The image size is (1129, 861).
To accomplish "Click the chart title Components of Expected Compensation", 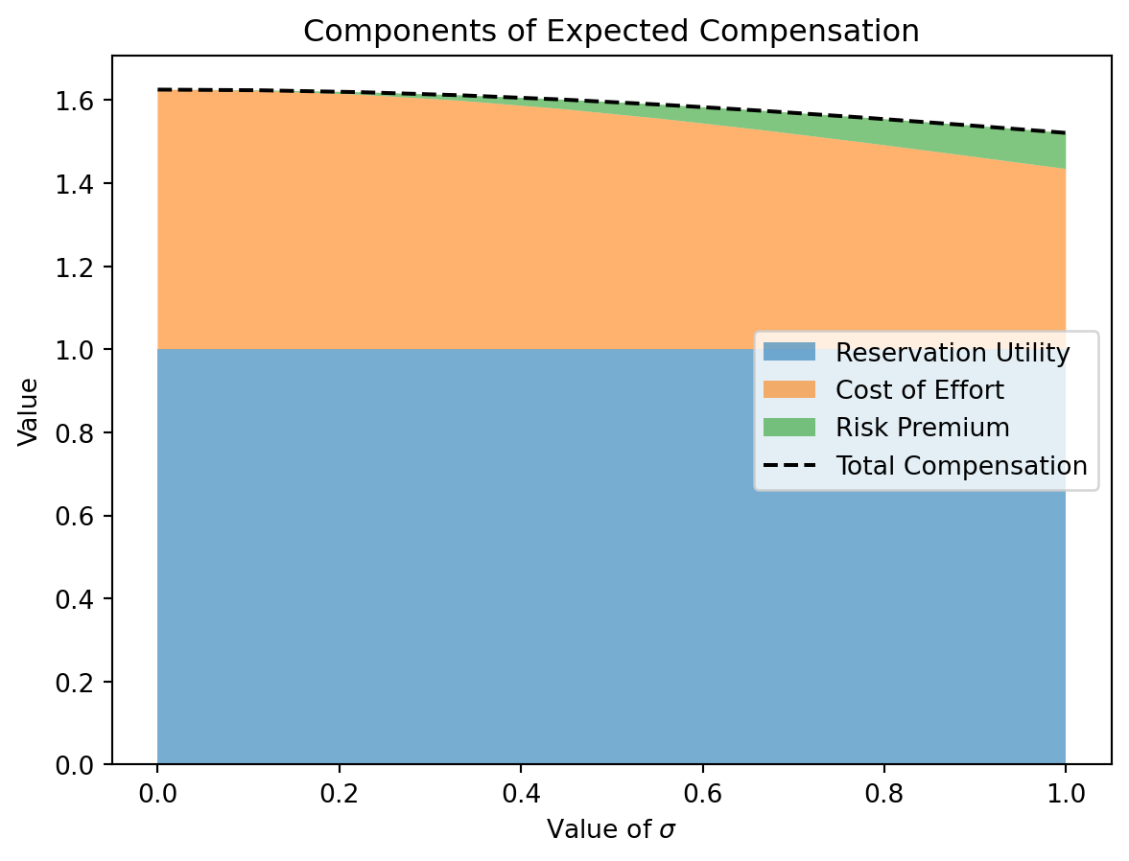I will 611,31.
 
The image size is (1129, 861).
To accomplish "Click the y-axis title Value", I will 29,411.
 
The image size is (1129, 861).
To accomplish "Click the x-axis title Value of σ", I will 611,829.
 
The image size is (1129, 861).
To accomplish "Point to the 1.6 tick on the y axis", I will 82,101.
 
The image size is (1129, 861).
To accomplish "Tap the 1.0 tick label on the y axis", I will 82,350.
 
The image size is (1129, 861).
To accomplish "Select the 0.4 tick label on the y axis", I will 82,599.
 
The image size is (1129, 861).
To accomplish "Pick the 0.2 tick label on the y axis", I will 82,683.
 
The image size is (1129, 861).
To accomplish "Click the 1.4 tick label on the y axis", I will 82,184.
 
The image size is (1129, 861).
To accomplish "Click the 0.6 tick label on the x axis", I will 702,795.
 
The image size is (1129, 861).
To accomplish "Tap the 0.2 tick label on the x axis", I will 339,795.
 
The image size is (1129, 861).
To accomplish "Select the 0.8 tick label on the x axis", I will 883,795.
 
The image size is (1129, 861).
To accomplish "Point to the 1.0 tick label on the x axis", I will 1066,795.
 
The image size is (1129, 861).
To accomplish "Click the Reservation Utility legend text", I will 953,353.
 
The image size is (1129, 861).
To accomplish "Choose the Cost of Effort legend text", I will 920,390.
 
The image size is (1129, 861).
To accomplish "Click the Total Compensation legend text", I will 961,466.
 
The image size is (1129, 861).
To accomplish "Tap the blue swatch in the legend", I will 788,353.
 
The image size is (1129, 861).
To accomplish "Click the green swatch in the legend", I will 788,428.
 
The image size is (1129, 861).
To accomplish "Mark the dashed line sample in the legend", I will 788,466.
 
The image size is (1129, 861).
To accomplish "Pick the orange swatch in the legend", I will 788,390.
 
